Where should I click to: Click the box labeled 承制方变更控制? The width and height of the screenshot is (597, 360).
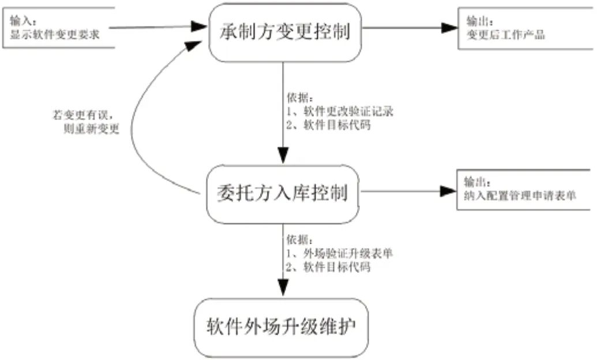point(285,32)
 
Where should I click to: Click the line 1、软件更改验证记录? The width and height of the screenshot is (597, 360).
point(339,112)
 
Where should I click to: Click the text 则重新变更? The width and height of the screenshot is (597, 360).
point(93,129)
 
